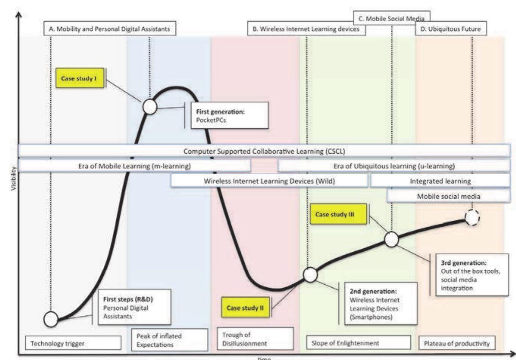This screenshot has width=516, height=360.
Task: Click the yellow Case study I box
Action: [80, 78]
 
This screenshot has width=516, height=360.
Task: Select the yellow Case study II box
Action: [245, 308]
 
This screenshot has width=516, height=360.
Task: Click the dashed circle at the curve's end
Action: [472, 218]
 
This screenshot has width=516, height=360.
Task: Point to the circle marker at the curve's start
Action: [51, 319]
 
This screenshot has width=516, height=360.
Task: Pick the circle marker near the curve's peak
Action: [150, 107]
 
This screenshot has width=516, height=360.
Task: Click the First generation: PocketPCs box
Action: [229, 115]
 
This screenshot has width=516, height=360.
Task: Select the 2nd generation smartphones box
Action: [380, 304]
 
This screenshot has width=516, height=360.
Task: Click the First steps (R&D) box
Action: [134, 307]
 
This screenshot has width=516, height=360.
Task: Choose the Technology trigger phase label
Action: [73, 343]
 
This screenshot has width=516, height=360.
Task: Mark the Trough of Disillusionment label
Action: [255, 339]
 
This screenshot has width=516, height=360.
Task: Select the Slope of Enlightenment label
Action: [358, 343]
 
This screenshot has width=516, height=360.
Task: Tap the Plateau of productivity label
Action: [457, 343]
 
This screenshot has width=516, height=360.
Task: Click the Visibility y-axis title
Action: [14, 178]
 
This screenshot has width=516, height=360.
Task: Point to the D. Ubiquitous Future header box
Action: [451, 29]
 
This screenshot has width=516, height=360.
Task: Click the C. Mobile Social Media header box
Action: [391, 18]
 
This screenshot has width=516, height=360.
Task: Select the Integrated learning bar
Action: [440, 181]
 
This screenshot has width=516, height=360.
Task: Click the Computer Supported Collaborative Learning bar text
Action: [264, 151]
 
